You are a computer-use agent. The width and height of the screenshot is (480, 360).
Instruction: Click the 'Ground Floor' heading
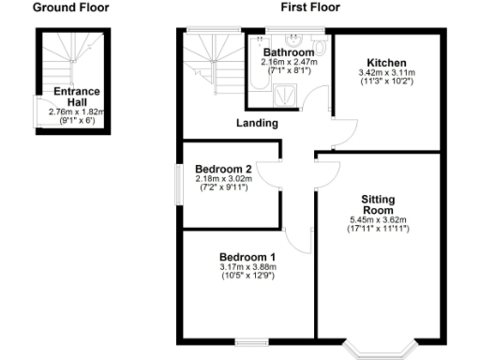[x=71, y=7]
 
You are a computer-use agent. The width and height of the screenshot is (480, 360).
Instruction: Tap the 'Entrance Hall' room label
[x=77, y=97]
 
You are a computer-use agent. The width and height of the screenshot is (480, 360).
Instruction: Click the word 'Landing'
[x=257, y=123]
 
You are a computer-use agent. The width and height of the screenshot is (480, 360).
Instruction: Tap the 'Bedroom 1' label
[x=247, y=258]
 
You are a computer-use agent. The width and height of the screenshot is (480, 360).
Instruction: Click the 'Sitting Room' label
[x=378, y=205]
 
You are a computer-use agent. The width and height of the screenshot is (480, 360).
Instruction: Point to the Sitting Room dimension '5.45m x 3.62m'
[x=378, y=221]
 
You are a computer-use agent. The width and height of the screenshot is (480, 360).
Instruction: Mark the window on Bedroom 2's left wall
[x=179, y=184]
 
